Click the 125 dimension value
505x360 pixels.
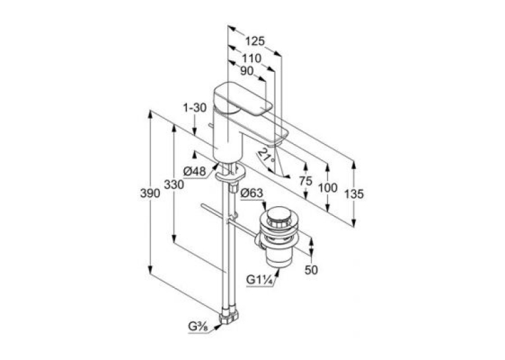(x=255, y=41)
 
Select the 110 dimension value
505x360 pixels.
(x=252, y=58)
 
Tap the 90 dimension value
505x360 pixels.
(x=247, y=71)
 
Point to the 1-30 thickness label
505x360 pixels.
(x=195, y=108)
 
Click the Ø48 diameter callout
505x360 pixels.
(x=195, y=172)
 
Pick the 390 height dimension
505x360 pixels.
(x=150, y=193)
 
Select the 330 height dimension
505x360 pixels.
(x=174, y=185)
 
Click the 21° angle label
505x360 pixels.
(x=267, y=155)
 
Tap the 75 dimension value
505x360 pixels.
(x=306, y=181)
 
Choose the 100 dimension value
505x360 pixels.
(x=327, y=188)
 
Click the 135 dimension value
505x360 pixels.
(x=354, y=194)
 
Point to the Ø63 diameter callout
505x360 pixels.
(x=252, y=193)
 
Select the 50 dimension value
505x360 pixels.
(x=311, y=270)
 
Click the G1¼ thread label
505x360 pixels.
(x=260, y=280)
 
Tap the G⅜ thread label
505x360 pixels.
(x=199, y=327)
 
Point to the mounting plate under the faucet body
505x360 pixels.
(x=230, y=174)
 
